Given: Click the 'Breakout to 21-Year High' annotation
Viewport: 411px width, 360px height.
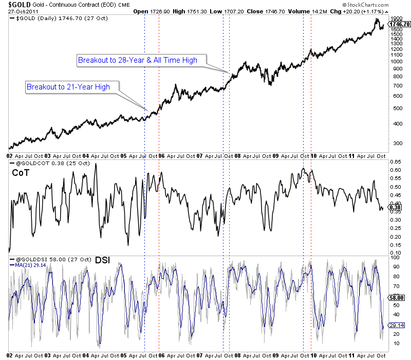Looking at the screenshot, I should pos(68,86).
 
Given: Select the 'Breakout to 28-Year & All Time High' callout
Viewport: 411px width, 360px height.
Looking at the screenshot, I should pos(138,60).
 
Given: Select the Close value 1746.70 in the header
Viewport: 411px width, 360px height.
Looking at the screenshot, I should pos(262,11).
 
